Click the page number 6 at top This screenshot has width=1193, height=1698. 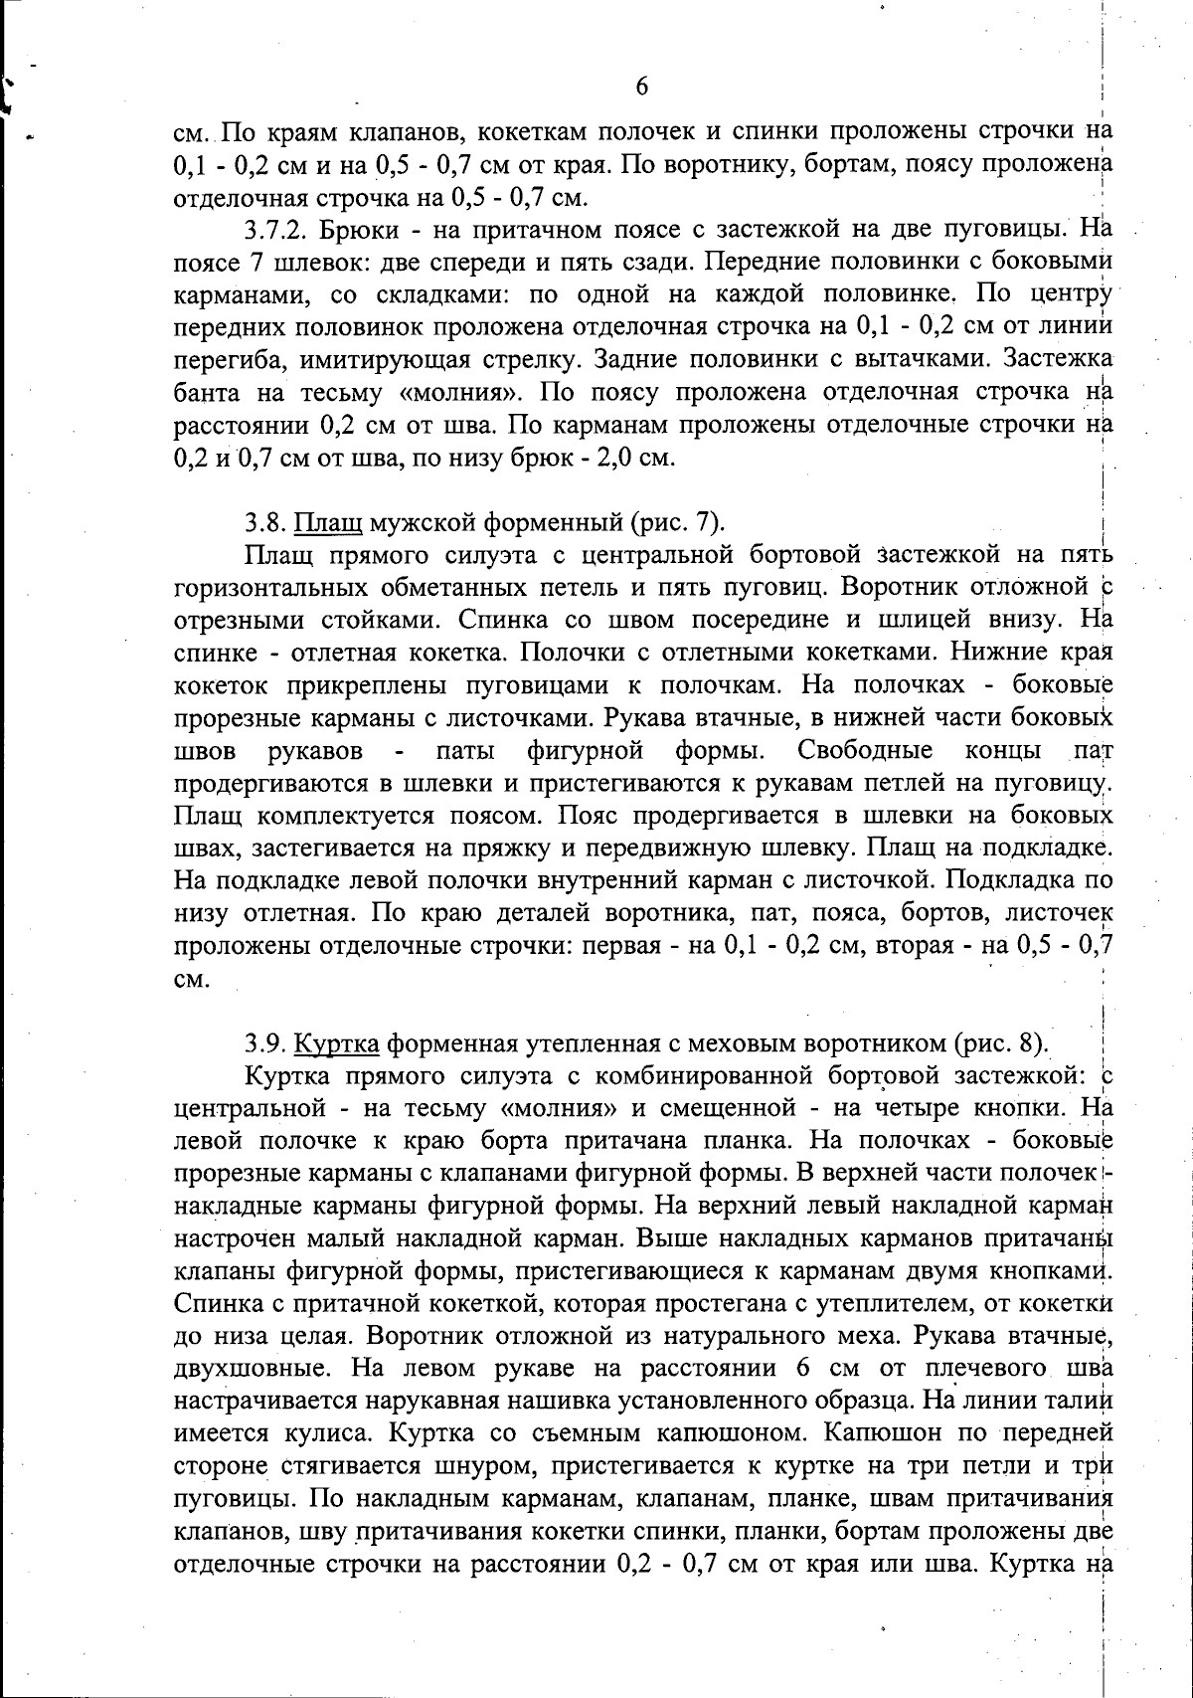pos(641,87)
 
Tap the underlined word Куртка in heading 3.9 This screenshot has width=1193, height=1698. pos(338,1043)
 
